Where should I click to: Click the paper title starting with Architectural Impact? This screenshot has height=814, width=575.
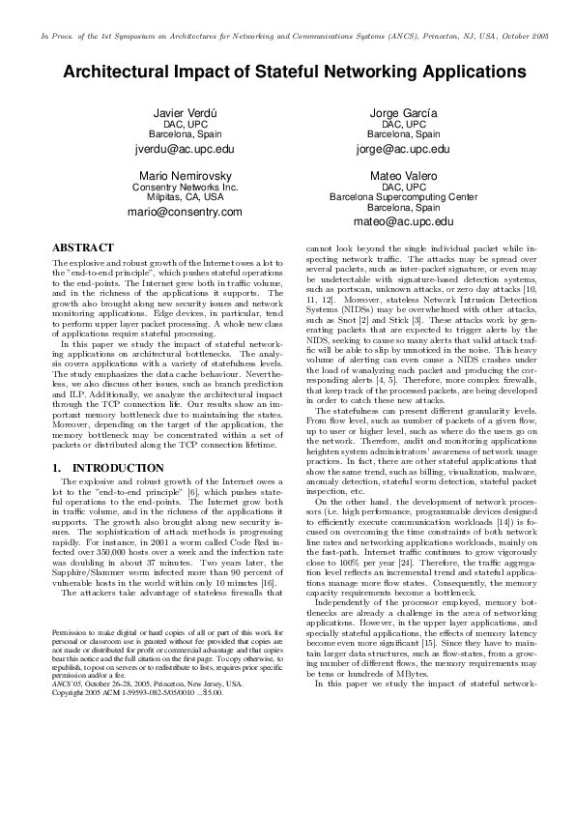click(x=295, y=73)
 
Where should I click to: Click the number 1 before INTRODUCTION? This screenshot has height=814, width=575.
click(x=54, y=468)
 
